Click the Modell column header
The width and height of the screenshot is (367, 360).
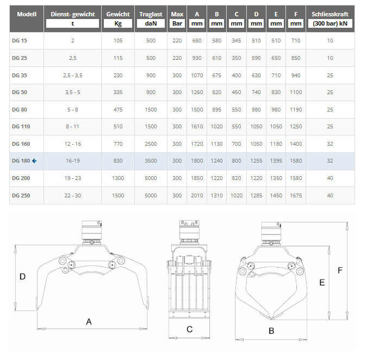[27, 14]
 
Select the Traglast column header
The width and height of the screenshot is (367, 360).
[151, 14]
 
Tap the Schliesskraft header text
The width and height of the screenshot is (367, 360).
[330, 14]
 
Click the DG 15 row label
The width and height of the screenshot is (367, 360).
[20, 40]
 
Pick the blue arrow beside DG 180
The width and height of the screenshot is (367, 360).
[34, 161]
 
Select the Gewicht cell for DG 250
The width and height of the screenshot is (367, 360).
[118, 195]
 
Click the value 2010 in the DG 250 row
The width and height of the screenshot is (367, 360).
[197, 195]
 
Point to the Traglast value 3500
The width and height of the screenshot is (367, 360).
[151, 161]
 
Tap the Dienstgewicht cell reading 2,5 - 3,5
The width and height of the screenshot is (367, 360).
[72, 76]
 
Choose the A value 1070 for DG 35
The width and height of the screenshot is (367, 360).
[197, 76]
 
